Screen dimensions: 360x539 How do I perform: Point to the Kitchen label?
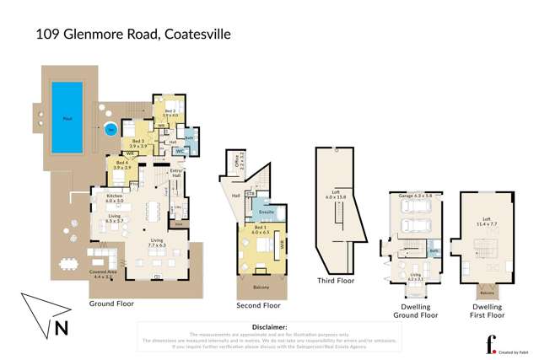click(115, 198)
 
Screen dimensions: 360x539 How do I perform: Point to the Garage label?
click(409, 195)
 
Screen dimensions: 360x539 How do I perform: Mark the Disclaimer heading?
click(270, 326)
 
